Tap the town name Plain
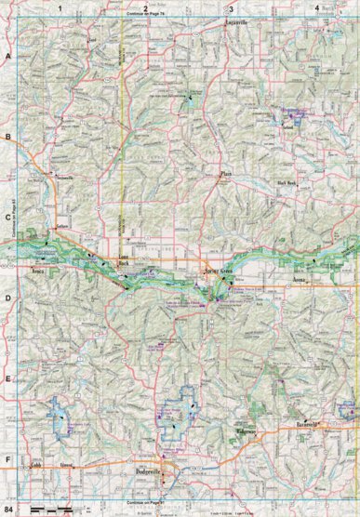(x=223, y=174)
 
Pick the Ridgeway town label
(x=245, y=433)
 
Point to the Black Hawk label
(x=286, y=183)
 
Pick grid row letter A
(x=7, y=56)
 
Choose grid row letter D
(x=7, y=298)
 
